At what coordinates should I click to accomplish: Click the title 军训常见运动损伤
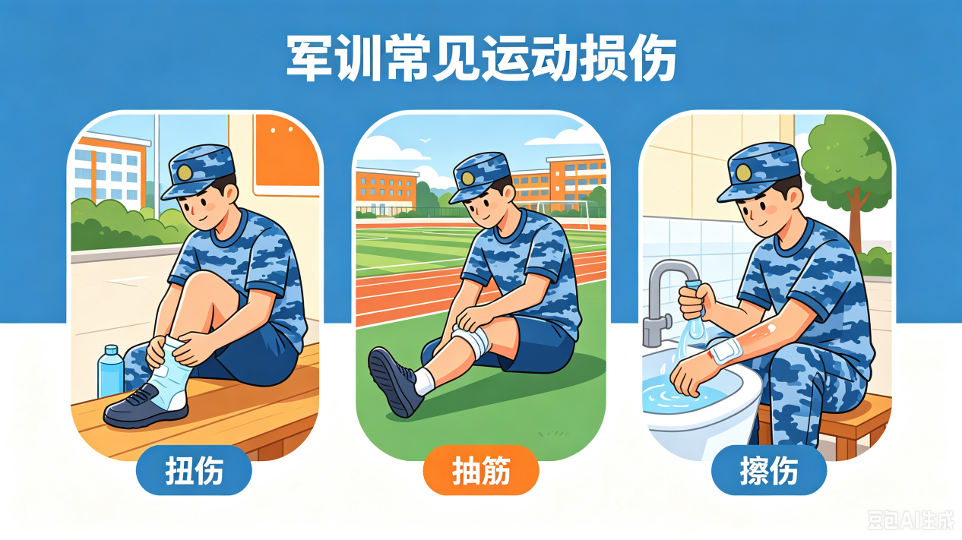pos(481,58)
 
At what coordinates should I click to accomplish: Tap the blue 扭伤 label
pos(194,470)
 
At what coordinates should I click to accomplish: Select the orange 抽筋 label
pos(481,470)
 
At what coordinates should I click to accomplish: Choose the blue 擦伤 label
pos(769,470)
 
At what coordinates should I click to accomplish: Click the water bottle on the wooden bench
pos(111,371)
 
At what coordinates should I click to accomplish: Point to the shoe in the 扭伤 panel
pos(146,406)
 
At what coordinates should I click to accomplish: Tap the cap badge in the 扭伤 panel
pos(185,172)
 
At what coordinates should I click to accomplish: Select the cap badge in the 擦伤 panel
pos(743,173)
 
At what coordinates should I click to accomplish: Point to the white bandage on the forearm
pos(726,351)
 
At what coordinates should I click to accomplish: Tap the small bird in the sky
pos(426,140)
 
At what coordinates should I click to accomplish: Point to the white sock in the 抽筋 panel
pos(424,381)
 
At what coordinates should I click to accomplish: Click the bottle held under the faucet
pos(694,317)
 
